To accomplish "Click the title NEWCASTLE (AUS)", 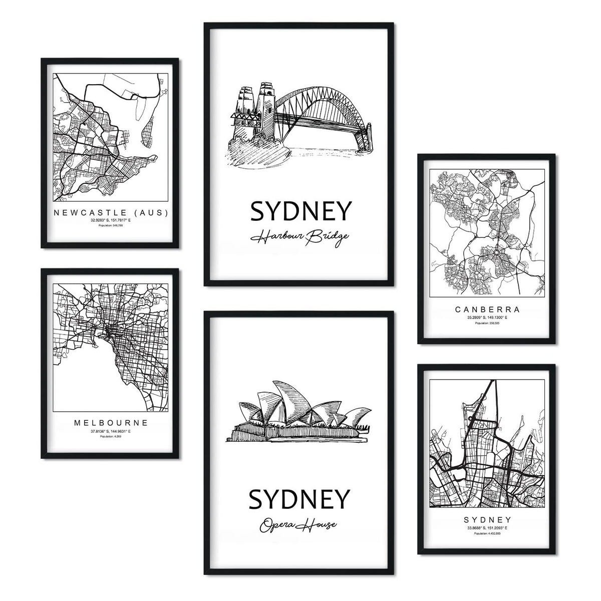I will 110,212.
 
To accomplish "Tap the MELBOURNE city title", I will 110,423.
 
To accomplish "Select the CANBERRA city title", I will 487,310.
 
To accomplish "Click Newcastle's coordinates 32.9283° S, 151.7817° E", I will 110,220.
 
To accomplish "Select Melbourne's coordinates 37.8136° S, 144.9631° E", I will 110,431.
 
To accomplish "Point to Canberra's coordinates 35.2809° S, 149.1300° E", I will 487,318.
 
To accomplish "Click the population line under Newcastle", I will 110,227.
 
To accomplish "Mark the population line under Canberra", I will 487,324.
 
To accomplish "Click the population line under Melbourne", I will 110,437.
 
